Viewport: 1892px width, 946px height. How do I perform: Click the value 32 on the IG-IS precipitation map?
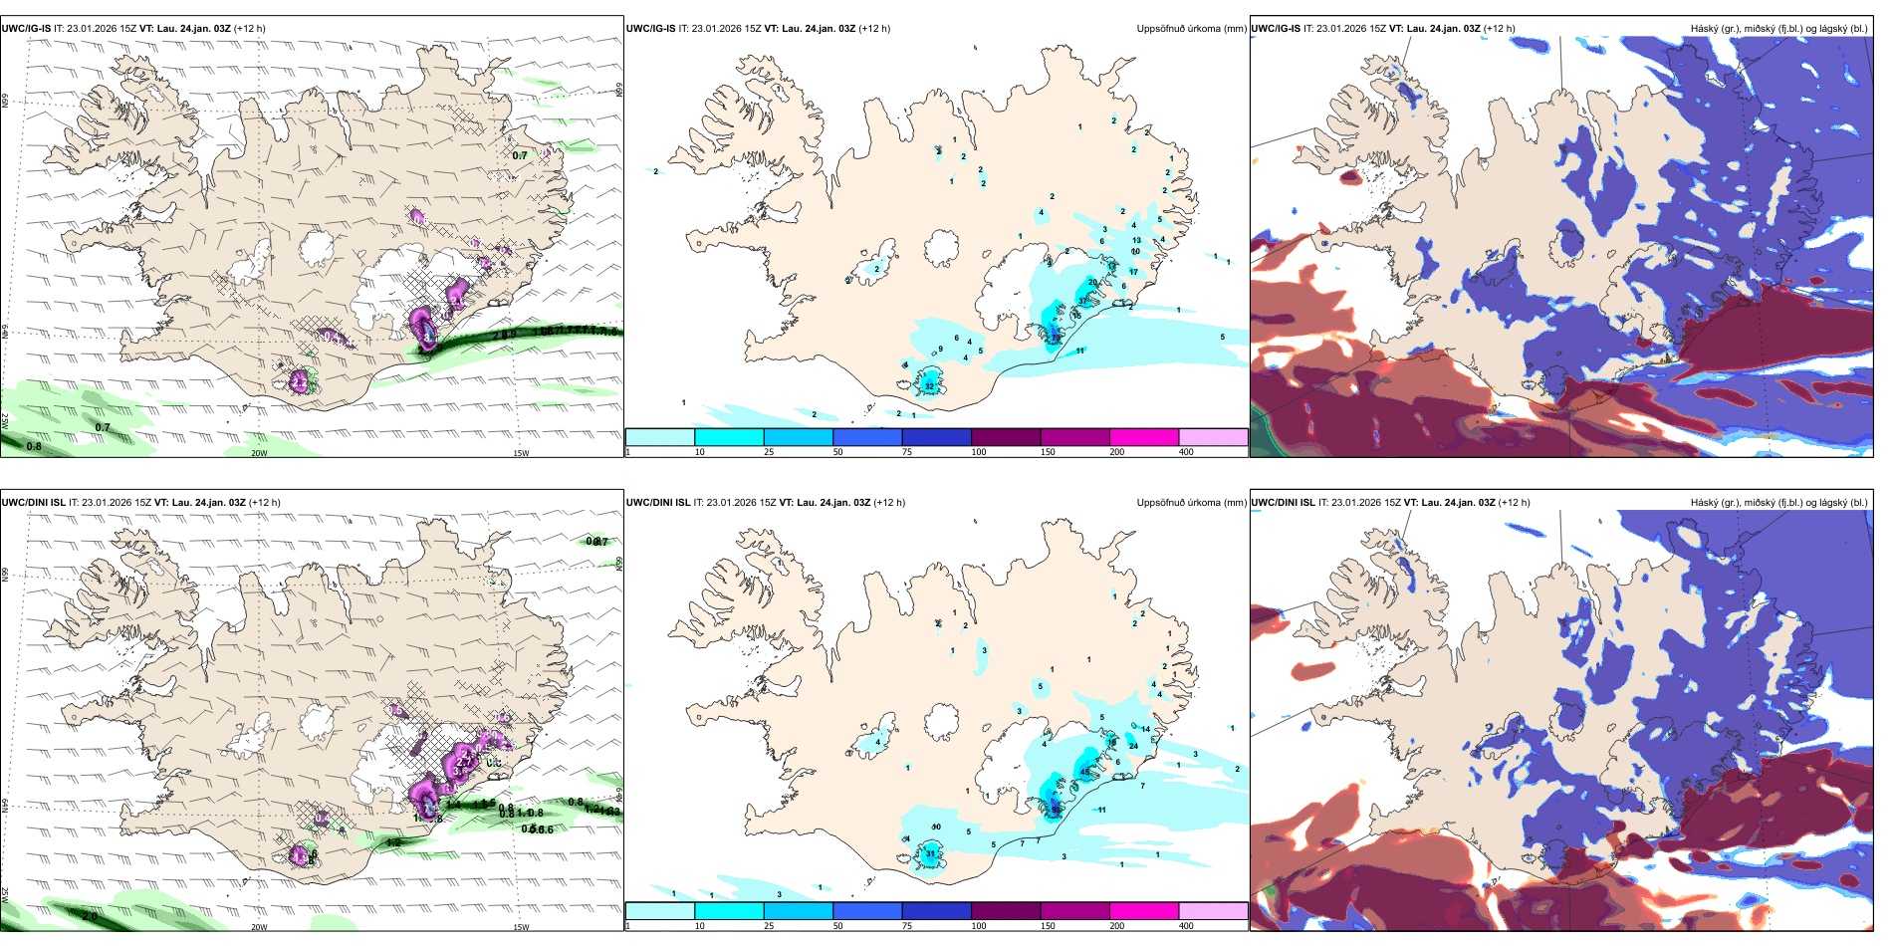[x=929, y=386]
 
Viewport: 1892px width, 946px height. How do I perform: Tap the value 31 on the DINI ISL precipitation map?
[x=930, y=853]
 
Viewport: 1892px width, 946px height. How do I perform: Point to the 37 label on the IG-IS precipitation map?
[x=1083, y=301]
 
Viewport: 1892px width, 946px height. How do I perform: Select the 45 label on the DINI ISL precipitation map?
[x=1084, y=772]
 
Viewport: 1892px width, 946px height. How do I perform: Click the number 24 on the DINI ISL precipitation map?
[x=1133, y=746]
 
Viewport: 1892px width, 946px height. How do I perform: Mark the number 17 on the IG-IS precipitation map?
[x=1133, y=272]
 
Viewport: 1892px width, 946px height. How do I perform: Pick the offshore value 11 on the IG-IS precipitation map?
[x=1079, y=351]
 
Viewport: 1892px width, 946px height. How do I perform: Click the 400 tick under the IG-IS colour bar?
[x=1186, y=452]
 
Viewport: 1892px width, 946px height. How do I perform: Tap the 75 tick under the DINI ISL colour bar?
[x=907, y=926]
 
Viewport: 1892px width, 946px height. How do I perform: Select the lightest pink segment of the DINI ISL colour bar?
[x=1213, y=911]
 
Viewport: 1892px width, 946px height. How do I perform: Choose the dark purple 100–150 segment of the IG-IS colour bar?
[x=1005, y=437]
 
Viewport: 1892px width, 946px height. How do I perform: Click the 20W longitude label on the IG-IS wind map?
[x=259, y=453]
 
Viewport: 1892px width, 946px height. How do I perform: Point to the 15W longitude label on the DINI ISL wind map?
[x=521, y=927]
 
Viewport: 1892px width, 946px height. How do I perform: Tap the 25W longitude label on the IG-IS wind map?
[x=5, y=421]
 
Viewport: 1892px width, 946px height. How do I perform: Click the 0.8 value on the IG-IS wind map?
[x=34, y=446]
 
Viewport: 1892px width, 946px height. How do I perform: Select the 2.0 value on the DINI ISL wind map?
[x=90, y=916]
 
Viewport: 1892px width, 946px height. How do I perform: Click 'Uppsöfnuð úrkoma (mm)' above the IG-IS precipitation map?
[x=1191, y=29]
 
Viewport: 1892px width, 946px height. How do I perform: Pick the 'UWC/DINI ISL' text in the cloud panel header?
[x=1283, y=503]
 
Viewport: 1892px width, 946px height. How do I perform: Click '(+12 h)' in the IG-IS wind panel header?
[x=250, y=29]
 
